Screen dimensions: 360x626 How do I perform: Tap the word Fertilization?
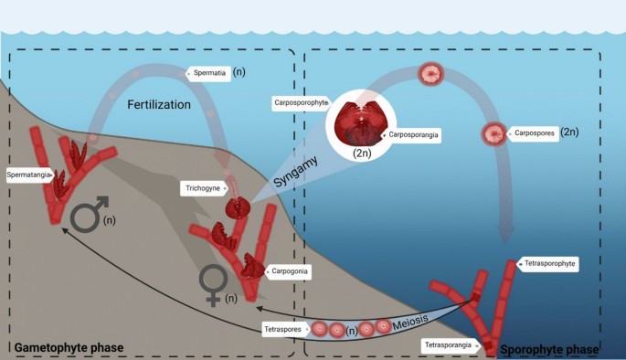159,105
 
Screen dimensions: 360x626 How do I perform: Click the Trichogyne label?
203,188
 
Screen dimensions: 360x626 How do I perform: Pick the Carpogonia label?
291,271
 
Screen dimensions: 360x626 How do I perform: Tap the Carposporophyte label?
301,104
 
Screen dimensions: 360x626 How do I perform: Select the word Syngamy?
294,174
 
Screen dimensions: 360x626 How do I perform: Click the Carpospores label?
536,132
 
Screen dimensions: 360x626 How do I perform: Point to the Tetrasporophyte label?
552,263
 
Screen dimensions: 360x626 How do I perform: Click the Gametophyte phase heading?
69,348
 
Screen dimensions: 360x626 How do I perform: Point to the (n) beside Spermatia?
239,71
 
